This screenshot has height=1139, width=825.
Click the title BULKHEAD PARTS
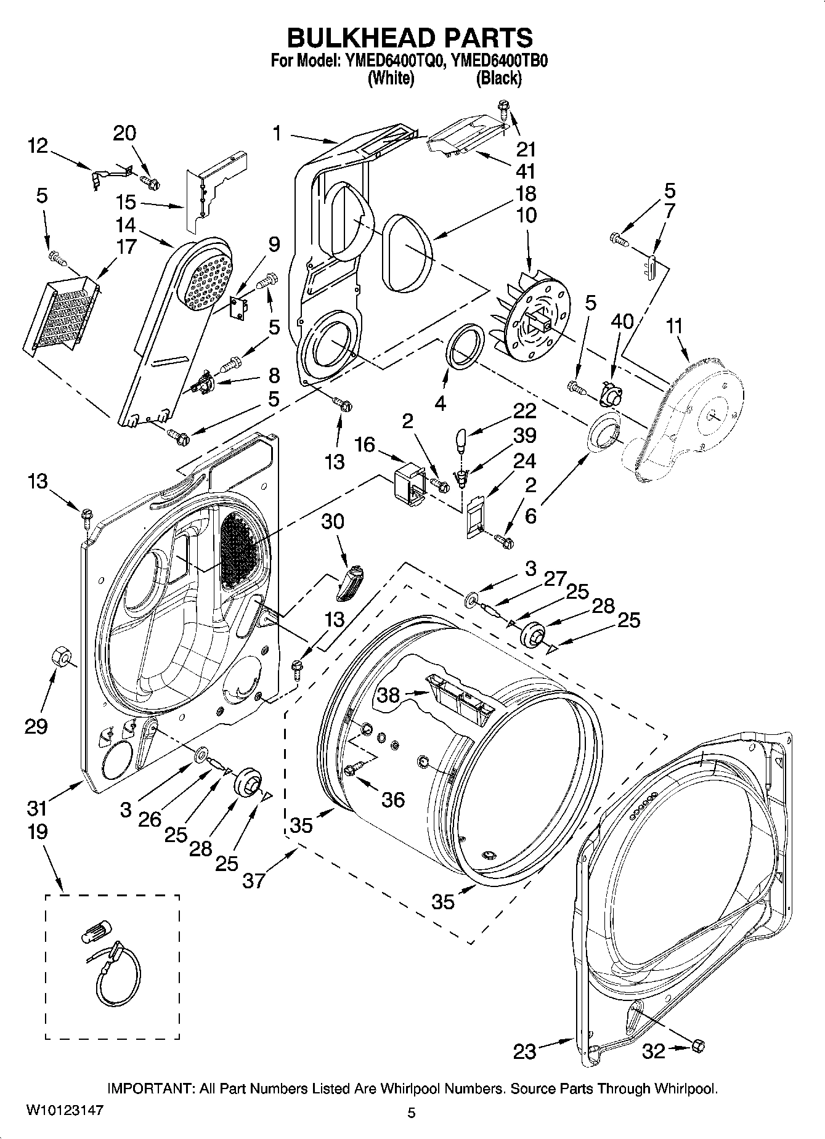click(x=410, y=38)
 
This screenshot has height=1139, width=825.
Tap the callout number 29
click(x=36, y=726)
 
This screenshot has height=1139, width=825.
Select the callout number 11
click(x=674, y=326)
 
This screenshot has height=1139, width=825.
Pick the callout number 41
click(x=526, y=171)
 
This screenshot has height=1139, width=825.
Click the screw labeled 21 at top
click(x=504, y=111)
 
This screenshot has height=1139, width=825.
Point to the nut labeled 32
click(x=698, y=1045)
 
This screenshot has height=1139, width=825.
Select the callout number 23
click(x=524, y=1051)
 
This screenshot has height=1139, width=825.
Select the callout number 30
click(x=333, y=521)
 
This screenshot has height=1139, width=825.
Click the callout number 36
click(x=393, y=800)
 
